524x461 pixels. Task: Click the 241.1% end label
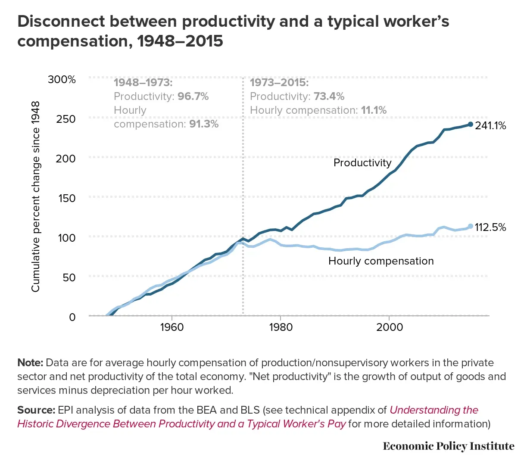pos(490,126)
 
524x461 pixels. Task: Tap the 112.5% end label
pos(490,227)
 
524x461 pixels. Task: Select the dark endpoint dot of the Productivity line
pos(470,125)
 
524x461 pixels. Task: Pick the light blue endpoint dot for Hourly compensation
pos(470,226)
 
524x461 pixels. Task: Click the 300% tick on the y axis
pos(62,79)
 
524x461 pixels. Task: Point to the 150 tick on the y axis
pos(66,198)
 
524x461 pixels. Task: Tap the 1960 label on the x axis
pos(172,327)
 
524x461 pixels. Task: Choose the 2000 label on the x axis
pos(389,327)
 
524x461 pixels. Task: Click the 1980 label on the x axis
pos(281,327)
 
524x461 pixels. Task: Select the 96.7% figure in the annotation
pos(193,97)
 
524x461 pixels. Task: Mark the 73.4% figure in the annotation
pos(329,97)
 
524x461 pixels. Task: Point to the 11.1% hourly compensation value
pos(374,110)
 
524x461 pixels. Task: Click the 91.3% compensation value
pos(204,124)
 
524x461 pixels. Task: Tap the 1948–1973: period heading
pos(143,83)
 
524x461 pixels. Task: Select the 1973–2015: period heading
pos(279,83)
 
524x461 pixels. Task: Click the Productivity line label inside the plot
pos(362,163)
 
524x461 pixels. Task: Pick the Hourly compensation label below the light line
pos(381,261)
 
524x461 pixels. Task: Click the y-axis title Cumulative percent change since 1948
pos(35,196)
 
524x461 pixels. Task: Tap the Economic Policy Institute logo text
pos(448,446)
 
